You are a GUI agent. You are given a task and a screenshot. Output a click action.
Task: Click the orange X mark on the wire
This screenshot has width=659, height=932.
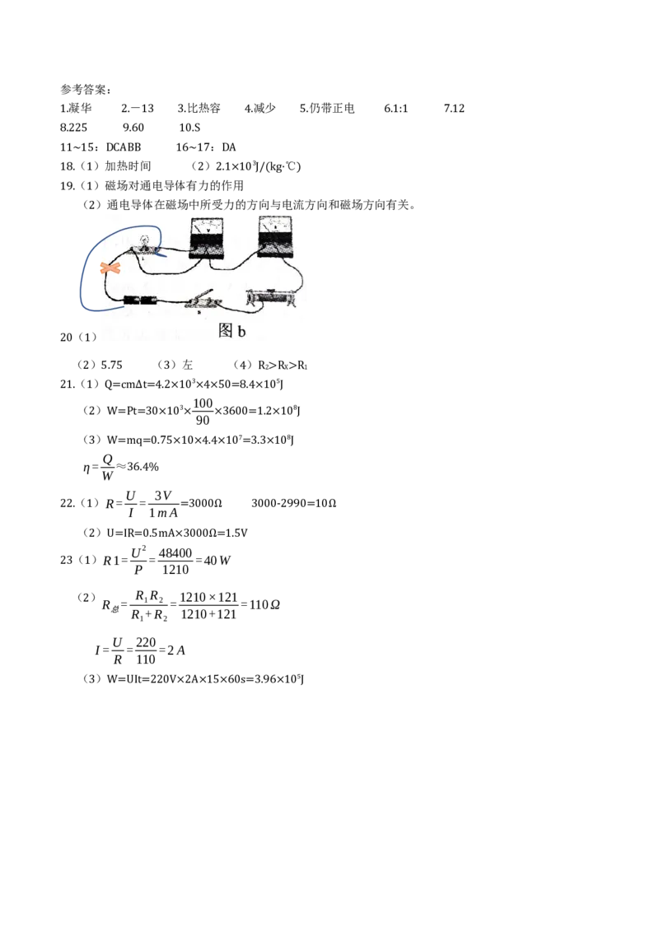pyautogui.click(x=110, y=268)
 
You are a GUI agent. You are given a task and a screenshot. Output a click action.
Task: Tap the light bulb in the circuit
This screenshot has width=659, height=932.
pyautogui.click(x=144, y=244)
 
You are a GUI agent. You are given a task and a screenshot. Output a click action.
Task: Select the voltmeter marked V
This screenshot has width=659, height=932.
pyautogui.click(x=207, y=237)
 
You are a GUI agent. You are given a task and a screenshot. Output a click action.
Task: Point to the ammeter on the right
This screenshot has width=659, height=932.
pyautogui.click(x=275, y=236)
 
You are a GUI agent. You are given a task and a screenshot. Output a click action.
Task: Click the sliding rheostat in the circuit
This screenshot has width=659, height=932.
pyautogui.click(x=271, y=296)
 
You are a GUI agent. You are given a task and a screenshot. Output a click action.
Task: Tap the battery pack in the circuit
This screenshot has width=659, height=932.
pyautogui.click(x=140, y=301)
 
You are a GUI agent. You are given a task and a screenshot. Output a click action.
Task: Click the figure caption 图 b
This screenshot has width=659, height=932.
pyautogui.click(x=232, y=330)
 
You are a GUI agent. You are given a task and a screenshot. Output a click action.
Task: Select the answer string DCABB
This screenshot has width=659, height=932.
pyautogui.click(x=124, y=147)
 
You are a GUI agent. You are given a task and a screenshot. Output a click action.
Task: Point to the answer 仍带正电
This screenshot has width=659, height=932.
pyautogui.click(x=332, y=108)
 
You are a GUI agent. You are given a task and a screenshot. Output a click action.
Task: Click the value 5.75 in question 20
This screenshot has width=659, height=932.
pyautogui.click(x=111, y=365)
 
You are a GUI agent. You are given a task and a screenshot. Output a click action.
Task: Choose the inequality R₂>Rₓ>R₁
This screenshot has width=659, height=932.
pyautogui.click(x=283, y=365)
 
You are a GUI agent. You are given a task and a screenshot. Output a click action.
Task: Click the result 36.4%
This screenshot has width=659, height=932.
pyautogui.click(x=143, y=467)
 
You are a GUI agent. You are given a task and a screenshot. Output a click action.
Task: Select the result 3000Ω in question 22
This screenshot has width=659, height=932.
pyautogui.click(x=205, y=503)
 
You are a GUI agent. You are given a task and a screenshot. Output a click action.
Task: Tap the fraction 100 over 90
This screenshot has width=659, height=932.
pyautogui.click(x=203, y=412)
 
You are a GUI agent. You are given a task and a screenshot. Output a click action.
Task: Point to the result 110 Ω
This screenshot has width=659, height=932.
pyautogui.click(x=264, y=604)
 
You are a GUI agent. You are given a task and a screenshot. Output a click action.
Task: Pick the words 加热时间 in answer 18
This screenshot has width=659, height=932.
pyautogui.click(x=128, y=165)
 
